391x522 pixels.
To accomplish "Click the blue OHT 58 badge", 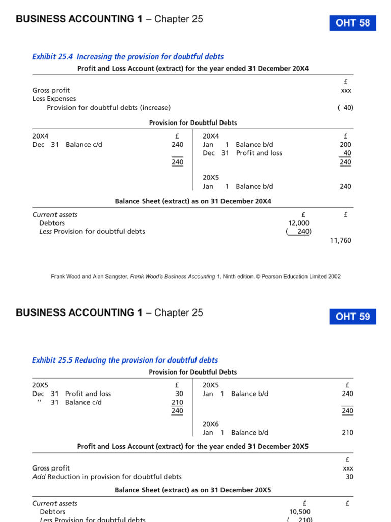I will point(353,23).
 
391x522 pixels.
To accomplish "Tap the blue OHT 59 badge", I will point(353,317).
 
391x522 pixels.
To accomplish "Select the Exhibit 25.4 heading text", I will point(128,57).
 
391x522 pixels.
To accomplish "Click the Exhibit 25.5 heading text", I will point(125,360).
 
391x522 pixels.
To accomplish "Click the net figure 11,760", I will point(341,240).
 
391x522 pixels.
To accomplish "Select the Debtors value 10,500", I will point(299,511).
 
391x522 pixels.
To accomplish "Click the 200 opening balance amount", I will point(345,145).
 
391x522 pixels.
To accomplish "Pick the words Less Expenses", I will point(54,99).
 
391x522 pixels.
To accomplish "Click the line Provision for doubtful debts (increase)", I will point(108,108).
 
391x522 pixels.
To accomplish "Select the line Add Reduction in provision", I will point(107,477).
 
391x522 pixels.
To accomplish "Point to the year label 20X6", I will point(210,424).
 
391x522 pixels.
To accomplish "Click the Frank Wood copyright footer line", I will point(195,277).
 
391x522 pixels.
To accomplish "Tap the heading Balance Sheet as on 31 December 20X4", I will point(193,201).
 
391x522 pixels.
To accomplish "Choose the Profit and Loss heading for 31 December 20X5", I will point(192,446).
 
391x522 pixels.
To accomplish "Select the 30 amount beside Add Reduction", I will point(349,477).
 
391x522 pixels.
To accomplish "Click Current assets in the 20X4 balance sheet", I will point(55,215).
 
